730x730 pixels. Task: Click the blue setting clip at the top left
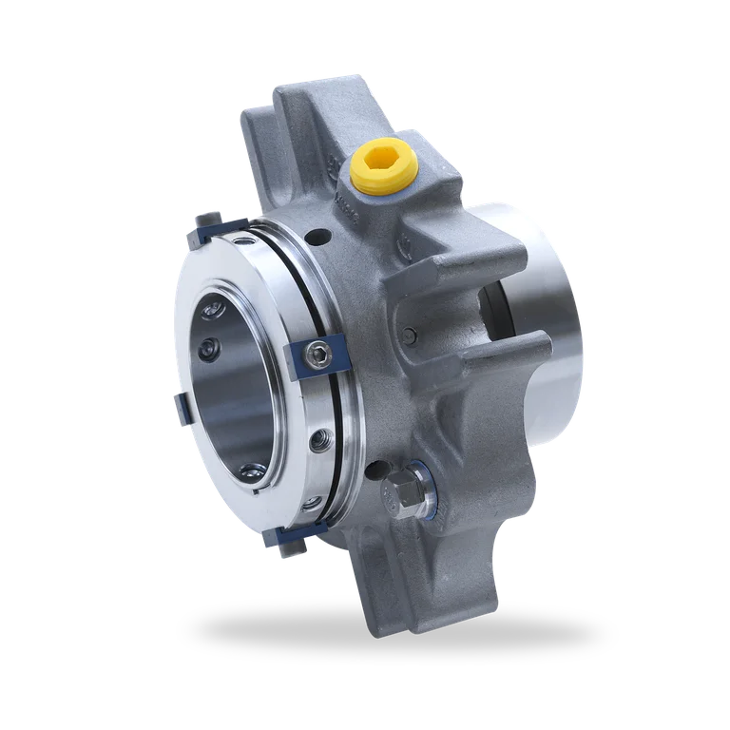207,227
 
